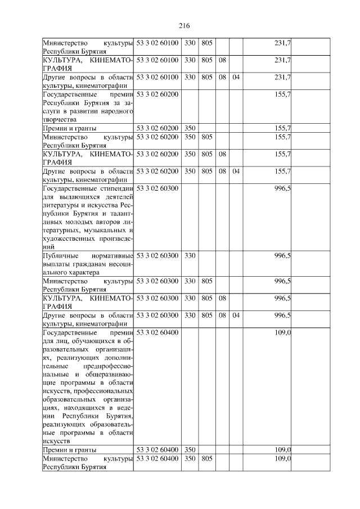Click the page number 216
184,26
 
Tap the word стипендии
115,188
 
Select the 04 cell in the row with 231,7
236,76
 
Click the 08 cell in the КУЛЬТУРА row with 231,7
222,60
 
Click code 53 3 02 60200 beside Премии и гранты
157,128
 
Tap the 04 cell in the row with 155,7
236,171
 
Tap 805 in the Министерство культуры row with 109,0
206,459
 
